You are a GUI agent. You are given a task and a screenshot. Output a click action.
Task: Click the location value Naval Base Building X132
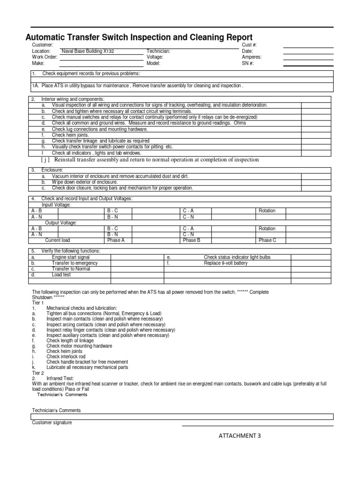click(x=87, y=51)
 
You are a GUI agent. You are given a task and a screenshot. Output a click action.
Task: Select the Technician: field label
click(x=158, y=51)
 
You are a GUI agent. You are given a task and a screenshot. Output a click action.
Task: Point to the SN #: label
click(x=247, y=63)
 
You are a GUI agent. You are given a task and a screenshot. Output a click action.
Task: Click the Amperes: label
click(x=252, y=57)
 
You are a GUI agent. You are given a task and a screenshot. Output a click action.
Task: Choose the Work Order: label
click(x=45, y=57)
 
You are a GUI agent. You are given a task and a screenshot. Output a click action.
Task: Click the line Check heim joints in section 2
click(x=70, y=135)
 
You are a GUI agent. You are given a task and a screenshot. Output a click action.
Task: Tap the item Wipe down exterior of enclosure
click(x=84, y=182)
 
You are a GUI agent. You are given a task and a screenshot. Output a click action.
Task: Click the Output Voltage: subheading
click(x=61, y=223)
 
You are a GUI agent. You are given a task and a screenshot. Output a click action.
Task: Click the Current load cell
click(x=58, y=240)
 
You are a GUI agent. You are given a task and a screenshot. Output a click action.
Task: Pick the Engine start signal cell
click(x=71, y=257)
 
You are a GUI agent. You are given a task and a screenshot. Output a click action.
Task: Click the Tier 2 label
click(x=38, y=373)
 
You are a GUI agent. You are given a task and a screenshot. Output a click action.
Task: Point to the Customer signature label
click(x=52, y=423)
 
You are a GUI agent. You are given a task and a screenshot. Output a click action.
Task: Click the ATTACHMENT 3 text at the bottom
click(x=240, y=436)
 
